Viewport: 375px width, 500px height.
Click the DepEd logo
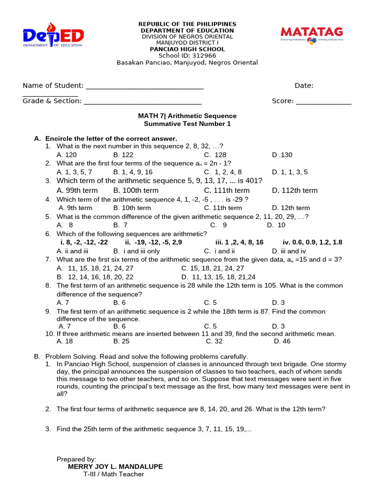tap(53, 36)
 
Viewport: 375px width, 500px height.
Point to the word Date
tap(303, 85)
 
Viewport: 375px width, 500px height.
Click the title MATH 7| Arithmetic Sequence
tap(187, 116)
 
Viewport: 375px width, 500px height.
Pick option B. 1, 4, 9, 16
tap(133, 172)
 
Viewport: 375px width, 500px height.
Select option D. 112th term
tap(294, 190)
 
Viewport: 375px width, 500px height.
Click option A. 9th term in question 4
tap(75, 208)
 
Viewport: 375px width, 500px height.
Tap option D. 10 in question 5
tap(276, 225)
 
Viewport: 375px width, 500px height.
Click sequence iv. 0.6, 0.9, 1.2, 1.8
tap(312, 242)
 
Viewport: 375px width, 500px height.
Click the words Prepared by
tap(76, 459)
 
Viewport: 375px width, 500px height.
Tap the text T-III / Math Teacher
tap(113, 474)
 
